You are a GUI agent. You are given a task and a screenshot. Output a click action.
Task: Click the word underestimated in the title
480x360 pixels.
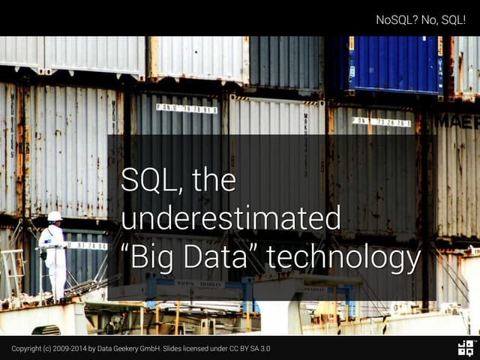pos(231,219)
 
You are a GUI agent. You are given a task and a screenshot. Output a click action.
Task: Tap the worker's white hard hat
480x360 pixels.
pos(55,217)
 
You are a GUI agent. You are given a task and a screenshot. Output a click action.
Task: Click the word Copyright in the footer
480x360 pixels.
pos(26,349)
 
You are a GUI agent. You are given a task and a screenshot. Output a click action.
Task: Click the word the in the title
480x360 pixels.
pos(213,181)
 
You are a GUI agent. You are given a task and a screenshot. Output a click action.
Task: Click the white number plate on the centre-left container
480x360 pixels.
pos(187,109)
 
